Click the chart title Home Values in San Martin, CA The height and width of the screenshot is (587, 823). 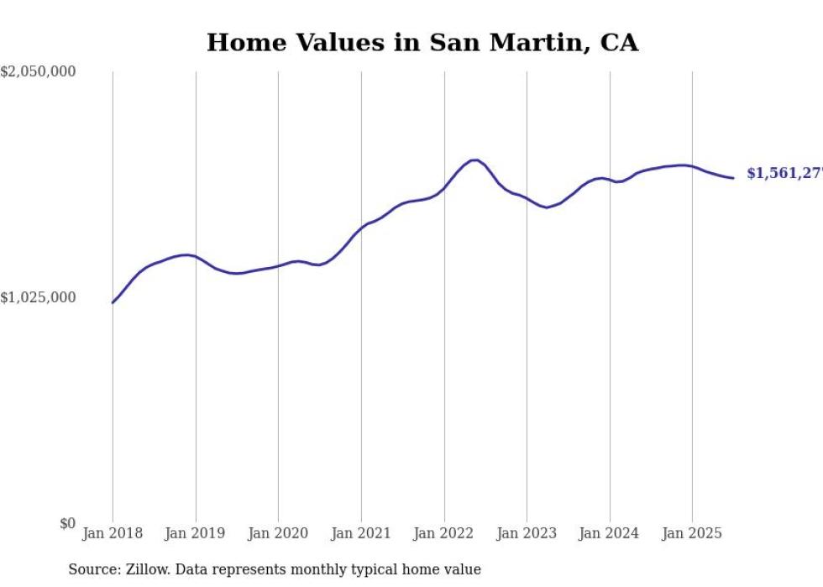tap(422, 43)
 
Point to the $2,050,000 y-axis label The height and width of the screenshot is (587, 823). tap(39, 72)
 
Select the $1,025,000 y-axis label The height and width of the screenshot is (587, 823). tap(39, 297)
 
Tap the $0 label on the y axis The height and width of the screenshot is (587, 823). tap(67, 523)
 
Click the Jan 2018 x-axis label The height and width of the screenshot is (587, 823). tap(113, 533)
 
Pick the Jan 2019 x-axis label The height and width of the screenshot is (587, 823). tap(196, 533)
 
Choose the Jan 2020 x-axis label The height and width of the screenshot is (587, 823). tap(278, 533)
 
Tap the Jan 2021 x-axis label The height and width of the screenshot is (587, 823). tap(361, 533)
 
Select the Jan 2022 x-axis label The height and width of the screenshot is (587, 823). tap(444, 533)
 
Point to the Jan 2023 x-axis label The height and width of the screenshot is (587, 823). tap(527, 533)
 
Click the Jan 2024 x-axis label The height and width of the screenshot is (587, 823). tap(610, 533)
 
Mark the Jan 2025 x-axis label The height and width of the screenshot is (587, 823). tap(692, 533)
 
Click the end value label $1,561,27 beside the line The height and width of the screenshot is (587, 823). tap(784, 173)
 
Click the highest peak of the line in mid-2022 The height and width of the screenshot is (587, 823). tap(474, 160)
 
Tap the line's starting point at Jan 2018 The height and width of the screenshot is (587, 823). tap(113, 302)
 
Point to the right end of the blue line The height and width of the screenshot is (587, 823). tap(733, 178)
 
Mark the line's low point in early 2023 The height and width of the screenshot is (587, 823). tap(547, 207)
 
